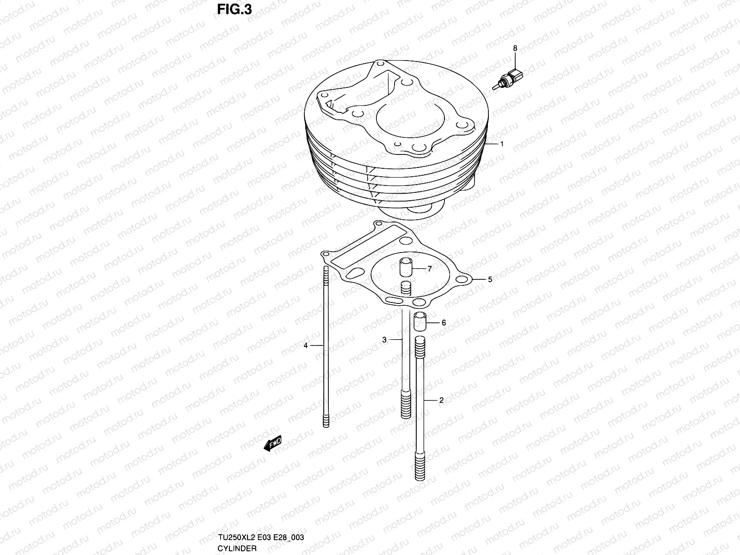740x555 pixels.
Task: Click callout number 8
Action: [x=515, y=48]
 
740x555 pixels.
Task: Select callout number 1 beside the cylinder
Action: [x=502, y=144]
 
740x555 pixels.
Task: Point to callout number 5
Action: [x=490, y=279]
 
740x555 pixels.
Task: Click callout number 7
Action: [x=429, y=269]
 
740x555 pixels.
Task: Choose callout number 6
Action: [x=444, y=322]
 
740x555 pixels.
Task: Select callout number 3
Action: [x=384, y=340]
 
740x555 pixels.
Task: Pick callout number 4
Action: [x=306, y=345]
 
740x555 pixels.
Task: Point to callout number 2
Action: [x=441, y=400]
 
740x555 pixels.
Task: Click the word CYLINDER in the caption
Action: [x=236, y=549]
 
